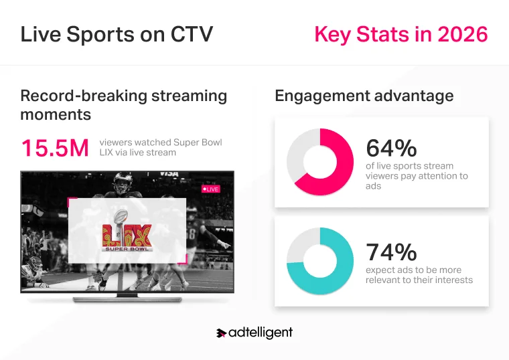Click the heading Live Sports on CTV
(x=117, y=34)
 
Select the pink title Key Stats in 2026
(x=401, y=34)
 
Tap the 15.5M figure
(x=54, y=148)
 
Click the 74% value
(x=391, y=252)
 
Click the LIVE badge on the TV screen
(x=211, y=189)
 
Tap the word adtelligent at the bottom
(x=261, y=333)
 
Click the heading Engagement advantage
(x=364, y=96)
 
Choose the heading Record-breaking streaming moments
(x=123, y=104)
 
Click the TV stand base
(x=127, y=295)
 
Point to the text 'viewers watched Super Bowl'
(x=160, y=143)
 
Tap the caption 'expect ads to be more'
(x=413, y=270)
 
